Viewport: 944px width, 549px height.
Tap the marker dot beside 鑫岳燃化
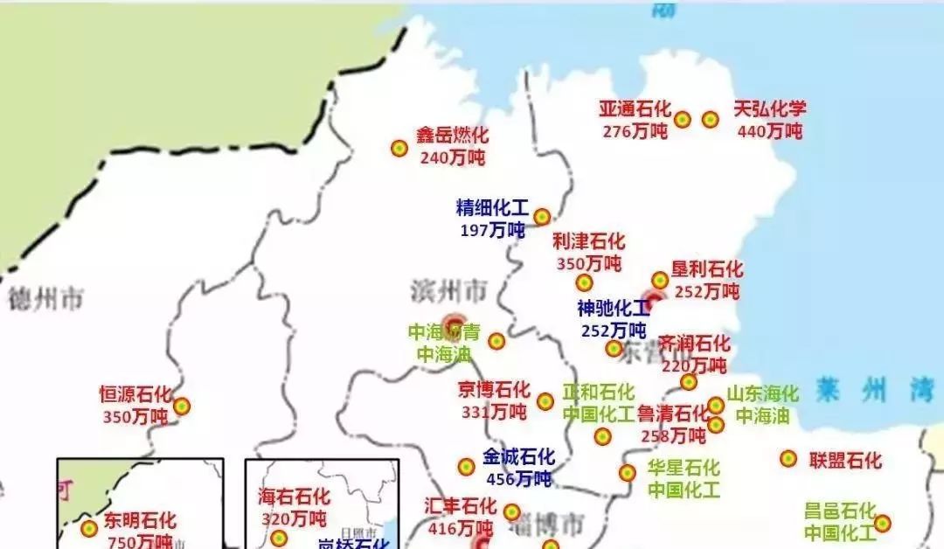click(399, 149)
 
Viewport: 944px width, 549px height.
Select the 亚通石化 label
click(635, 109)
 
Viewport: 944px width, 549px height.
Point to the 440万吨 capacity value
click(770, 131)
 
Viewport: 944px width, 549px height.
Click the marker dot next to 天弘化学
click(710, 119)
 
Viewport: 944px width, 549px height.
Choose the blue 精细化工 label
click(492, 208)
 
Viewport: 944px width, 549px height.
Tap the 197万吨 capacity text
click(492, 229)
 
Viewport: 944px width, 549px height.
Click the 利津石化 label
click(589, 241)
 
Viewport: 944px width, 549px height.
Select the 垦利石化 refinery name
click(707, 269)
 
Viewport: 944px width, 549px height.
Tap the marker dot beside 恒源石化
click(181, 406)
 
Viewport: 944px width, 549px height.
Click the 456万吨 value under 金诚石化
click(519, 479)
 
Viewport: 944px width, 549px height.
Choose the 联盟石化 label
click(845, 460)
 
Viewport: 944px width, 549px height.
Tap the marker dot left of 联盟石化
click(788, 458)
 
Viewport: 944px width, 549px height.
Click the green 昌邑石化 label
click(840, 511)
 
